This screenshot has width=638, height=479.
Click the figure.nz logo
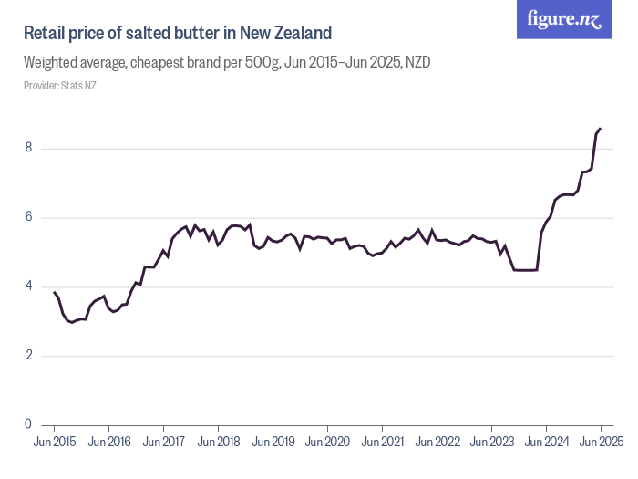click(564, 19)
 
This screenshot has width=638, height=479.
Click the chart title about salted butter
click(177, 34)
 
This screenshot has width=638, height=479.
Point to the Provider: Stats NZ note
click(59, 86)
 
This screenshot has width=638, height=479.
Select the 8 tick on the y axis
click(29, 148)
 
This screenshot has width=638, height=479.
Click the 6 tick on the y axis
click(29, 217)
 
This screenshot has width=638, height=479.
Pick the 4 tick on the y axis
click(29, 286)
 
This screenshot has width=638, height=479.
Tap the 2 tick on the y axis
click(29, 355)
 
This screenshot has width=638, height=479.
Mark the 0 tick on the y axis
click(29, 424)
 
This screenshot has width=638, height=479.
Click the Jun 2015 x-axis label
click(55, 443)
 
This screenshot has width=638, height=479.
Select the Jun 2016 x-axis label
click(108, 443)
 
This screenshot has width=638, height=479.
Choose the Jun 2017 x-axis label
click(163, 443)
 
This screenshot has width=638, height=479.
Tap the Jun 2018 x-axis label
click(218, 443)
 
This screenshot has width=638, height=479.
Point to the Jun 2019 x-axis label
click(273, 443)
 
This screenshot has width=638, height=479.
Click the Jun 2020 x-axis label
click(327, 443)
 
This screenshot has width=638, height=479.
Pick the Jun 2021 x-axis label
click(382, 443)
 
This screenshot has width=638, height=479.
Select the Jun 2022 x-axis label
click(437, 443)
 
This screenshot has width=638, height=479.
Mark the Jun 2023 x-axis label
click(491, 443)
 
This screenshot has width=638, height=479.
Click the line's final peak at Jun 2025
click(600, 129)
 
